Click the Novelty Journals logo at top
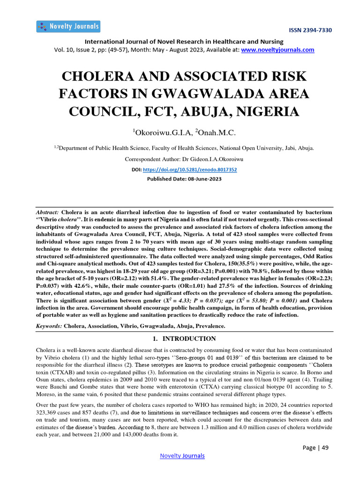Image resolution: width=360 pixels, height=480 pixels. click(68, 26)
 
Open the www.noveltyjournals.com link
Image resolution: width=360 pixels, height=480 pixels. click(277, 50)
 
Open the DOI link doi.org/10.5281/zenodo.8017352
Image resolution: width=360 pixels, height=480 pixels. click(189, 169)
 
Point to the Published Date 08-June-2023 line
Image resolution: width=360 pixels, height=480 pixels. click(184, 179)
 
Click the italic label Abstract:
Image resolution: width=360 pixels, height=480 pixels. click(47, 212)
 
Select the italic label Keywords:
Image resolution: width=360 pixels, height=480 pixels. click(49, 325)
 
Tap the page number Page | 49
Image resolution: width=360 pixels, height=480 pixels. click(315, 448)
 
